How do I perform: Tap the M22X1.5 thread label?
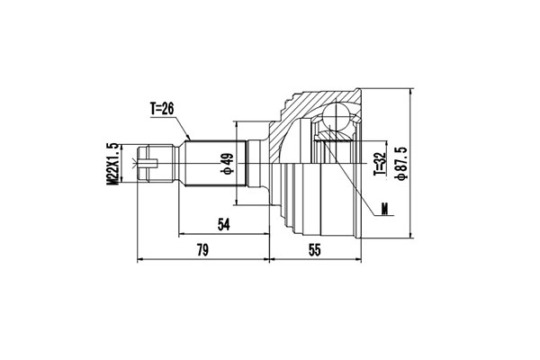tap(113, 164)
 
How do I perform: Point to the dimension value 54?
tap(222, 224)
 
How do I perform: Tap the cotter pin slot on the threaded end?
tap(149, 164)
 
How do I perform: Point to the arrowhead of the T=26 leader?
tap(190, 138)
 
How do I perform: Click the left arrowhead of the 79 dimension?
tap(139, 261)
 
